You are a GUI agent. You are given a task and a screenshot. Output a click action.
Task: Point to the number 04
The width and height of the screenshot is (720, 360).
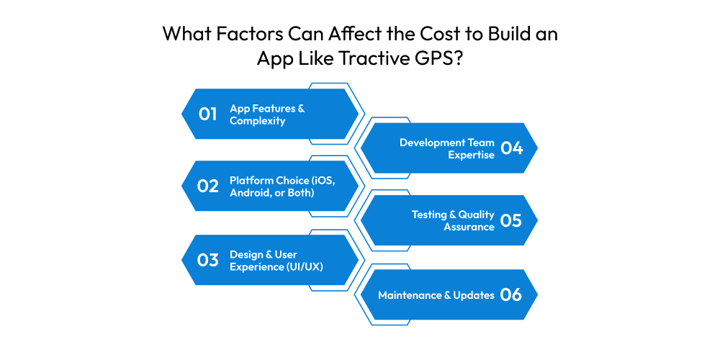(511, 148)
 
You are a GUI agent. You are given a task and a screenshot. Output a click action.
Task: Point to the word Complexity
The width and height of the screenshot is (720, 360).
(258, 121)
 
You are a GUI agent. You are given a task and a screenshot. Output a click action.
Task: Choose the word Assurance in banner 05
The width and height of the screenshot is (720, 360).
(469, 227)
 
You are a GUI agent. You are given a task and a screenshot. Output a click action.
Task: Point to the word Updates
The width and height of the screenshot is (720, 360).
(474, 295)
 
